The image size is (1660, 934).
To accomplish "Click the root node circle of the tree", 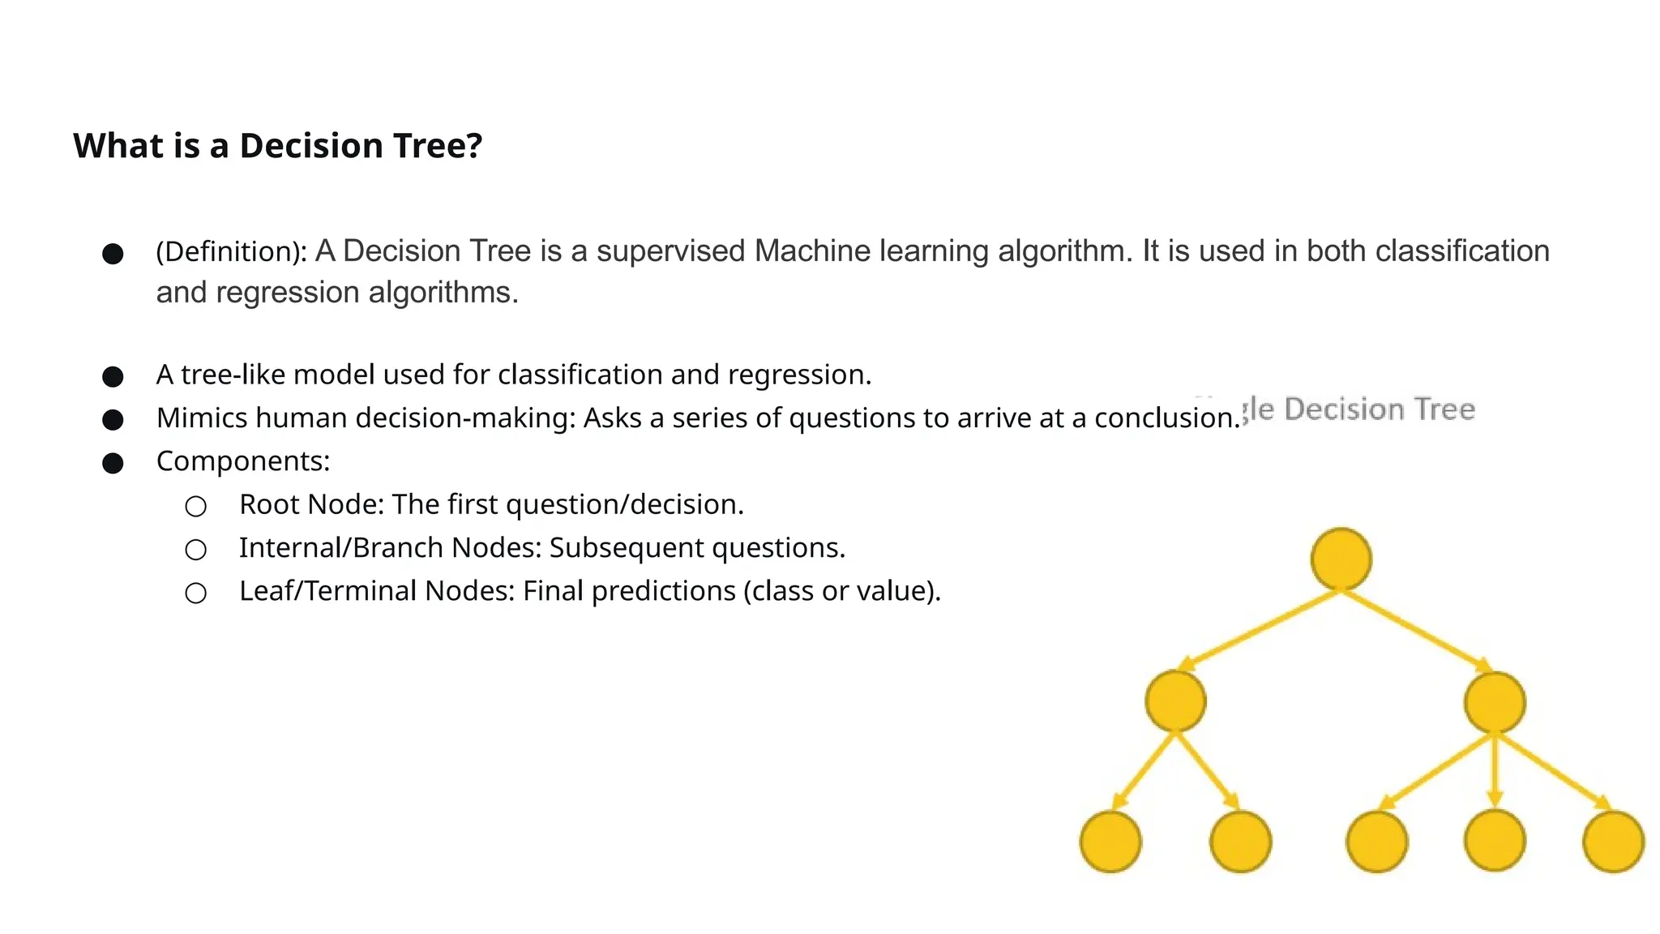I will [x=1341, y=559].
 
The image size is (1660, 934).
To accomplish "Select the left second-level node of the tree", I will [x=1175, y=701].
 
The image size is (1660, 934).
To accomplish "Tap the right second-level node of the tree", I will [x=1495, y=702].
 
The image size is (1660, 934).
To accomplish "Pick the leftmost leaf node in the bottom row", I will [x=1110, y=842].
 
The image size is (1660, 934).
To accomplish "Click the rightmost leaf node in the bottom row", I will [x=1613, y=842].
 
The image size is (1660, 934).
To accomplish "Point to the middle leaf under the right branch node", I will [x=1495, y=842].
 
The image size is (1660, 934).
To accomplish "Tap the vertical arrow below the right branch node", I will [x=1495, y=770].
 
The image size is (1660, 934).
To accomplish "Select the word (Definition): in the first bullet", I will [x=231, y=252].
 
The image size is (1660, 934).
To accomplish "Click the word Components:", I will [x=243, y=461].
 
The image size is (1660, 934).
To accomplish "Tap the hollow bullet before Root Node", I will [x=195, y=507].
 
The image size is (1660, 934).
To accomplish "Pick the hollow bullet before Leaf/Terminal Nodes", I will [x=195, y=593].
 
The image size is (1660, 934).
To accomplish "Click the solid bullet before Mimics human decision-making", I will [x=113, y=420].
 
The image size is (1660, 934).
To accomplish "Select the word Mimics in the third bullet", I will [x=202, y=418].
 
